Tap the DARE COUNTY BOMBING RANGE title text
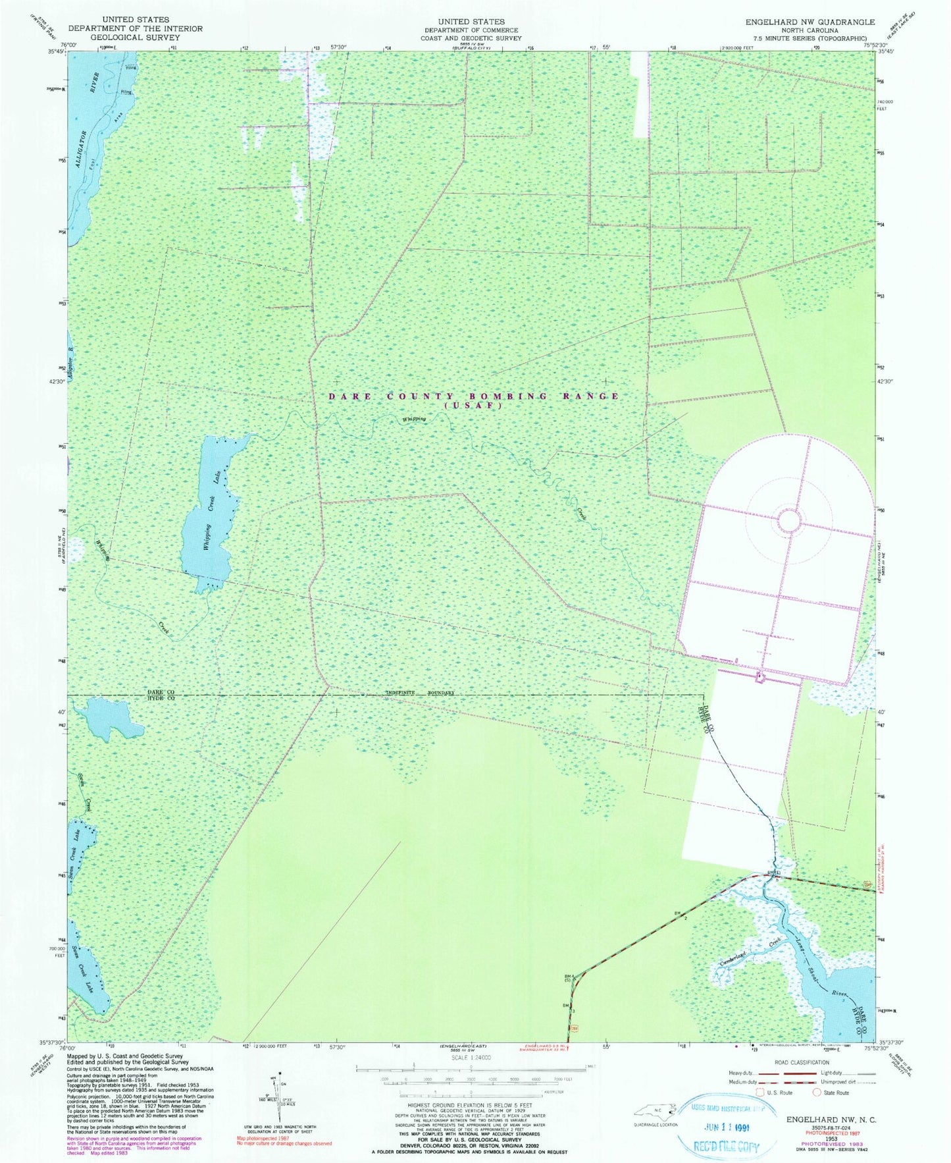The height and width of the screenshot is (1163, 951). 474,396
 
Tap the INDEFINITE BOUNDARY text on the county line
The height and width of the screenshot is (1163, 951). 420,693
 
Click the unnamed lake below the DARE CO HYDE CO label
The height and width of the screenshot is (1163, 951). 109,718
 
